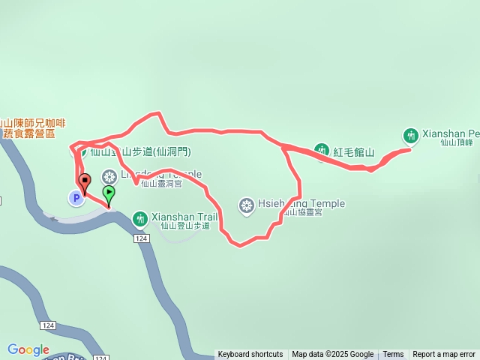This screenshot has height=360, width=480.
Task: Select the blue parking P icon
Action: click(x=75, y=198)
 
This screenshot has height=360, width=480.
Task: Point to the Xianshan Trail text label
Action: click(x=184, y=217)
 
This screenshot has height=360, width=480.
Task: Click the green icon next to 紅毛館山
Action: click(x=321, y=151)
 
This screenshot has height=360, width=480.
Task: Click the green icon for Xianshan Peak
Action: click(x=410, y=136)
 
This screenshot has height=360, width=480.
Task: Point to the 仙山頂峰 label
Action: click(x=457, y=142)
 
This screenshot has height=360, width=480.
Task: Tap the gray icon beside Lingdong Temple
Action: click(x=109, y=177)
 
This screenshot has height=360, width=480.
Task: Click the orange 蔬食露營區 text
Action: click(x=30, y=133)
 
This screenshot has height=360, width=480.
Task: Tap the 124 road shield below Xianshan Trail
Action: click(x=141, y=238)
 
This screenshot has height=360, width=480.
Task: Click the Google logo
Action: click(x=28, y=349)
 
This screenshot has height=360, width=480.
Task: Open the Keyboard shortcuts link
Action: click(x=250, y=355)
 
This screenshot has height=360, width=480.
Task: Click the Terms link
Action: click(x=393, y=355)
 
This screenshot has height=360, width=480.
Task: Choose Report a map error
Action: click(x=444, y=355)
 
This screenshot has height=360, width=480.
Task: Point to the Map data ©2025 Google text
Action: click(x=332, y=355)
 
